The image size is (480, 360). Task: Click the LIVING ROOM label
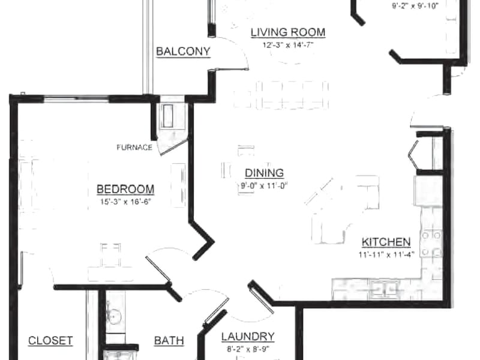tap(288, 32)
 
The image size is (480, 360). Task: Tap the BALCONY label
tap(183, 51)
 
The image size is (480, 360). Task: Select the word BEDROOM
tap(125, 189)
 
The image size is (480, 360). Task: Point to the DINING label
tap(264, 173)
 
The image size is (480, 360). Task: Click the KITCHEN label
tap(386, 242)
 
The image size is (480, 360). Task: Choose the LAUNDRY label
tap(248, 337)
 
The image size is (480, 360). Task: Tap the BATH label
tap(169, 340)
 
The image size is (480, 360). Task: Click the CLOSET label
tap(50, 340)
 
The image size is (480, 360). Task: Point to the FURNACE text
tap(134, 148)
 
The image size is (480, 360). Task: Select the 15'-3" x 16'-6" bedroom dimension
tap(125, 202)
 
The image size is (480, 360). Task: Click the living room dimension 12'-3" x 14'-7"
tap(288, 45)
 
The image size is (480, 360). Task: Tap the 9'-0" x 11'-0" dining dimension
tap(262, 186)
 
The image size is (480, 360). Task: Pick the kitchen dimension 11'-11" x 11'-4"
tap(386, 254)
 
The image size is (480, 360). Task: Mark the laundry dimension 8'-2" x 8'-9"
tap(248, 349)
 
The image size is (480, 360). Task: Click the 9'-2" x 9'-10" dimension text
tap(415, 5)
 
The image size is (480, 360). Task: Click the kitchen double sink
tap(385, 289)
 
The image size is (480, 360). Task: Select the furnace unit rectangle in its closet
tap(167, 116)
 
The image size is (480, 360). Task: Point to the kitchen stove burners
tap(431, 244)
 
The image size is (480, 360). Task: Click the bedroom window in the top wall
tap(77, 98)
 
